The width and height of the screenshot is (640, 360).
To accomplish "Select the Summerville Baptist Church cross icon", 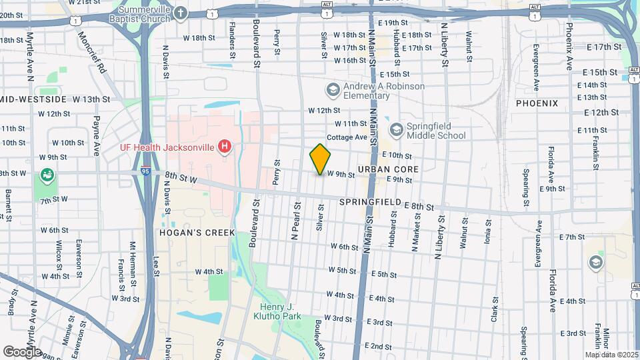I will [x=180, y=13].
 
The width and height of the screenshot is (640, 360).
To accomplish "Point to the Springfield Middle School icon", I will [x=396, y=129].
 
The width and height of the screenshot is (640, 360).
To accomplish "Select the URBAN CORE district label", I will [x=388, y=169].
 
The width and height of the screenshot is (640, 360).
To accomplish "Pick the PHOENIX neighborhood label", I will [x=536, y=103].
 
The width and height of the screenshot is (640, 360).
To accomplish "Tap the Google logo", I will [x=22, y=351].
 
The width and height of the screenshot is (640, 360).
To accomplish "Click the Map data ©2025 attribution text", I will [x=611, y=355].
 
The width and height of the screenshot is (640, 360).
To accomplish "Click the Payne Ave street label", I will [x=97, y=131].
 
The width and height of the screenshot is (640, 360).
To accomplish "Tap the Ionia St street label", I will [x=489, y=234].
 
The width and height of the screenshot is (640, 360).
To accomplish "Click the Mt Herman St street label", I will [x=133, y=257].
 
